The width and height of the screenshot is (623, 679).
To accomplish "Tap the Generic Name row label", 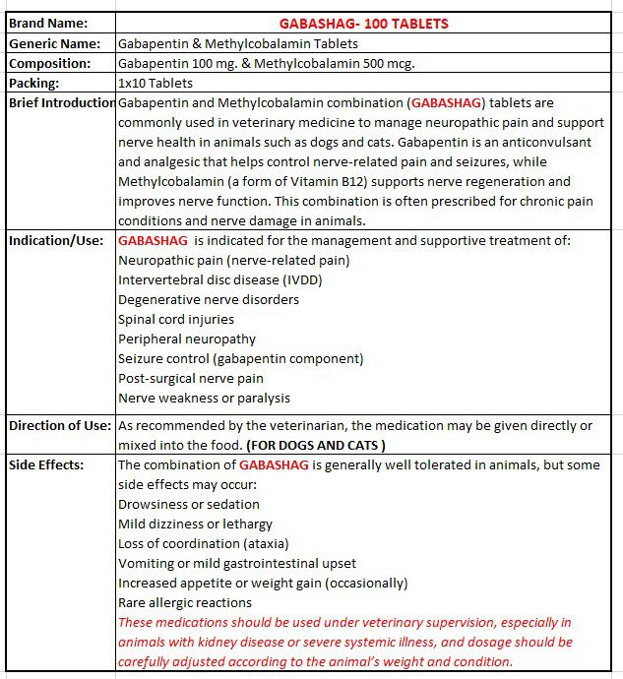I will pos(54,43).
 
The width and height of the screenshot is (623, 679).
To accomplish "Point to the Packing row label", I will pos(34,83).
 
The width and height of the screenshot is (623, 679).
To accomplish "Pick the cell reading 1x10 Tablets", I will pos(156,83).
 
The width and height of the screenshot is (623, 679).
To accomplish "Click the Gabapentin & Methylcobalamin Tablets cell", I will pos(238,43).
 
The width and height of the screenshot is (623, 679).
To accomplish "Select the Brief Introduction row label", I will pos(62,102).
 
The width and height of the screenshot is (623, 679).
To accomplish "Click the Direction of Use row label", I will pos(61,425).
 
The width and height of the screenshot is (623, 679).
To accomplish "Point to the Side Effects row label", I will pos(47,464).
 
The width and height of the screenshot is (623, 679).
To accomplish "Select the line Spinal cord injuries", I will pos(176,319).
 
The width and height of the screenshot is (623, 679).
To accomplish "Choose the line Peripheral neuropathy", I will pos(187,339).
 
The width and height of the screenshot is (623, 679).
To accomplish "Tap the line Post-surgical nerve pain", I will pos(191,378).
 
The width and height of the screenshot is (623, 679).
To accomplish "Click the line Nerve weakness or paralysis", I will pos(204,398).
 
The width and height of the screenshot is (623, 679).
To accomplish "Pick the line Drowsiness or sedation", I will pos(189,504).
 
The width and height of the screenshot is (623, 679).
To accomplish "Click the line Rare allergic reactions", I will pos(185,602).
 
